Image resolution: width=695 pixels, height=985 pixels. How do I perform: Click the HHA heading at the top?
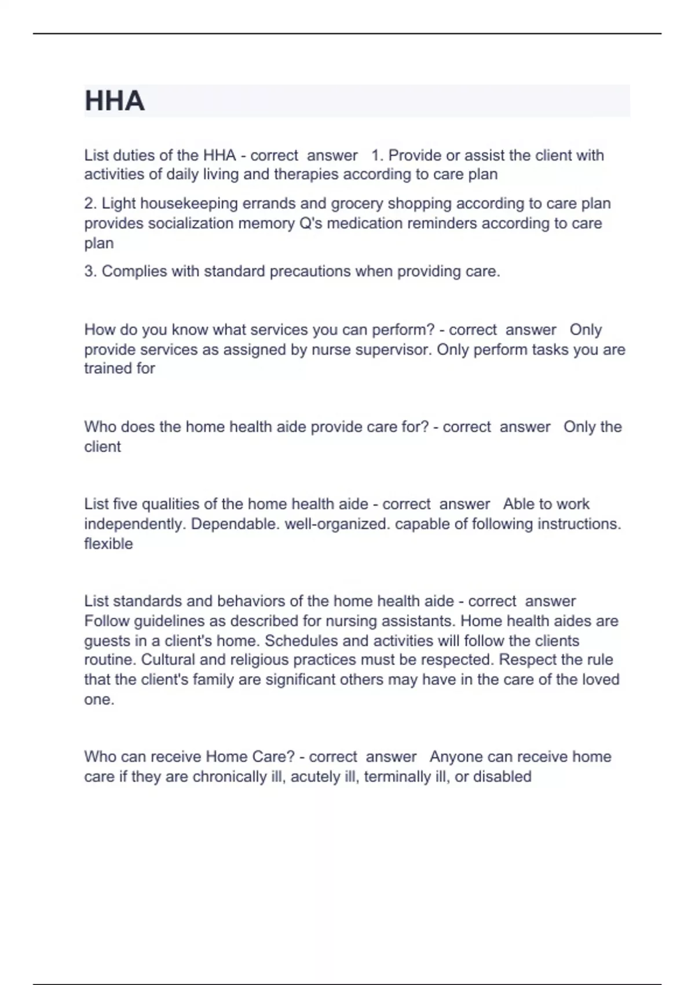tap(114, 101)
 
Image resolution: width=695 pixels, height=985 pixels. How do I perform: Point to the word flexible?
tap(108, 544)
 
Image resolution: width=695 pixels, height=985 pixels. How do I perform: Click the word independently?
tap(135, 524)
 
